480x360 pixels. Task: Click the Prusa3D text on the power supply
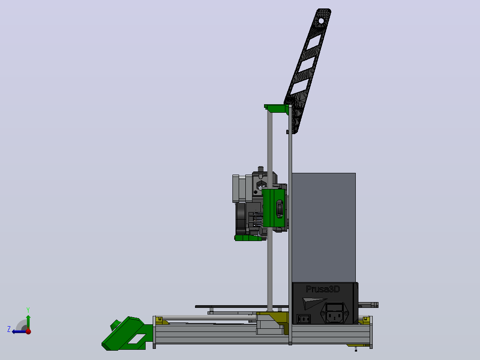(x=323, y=289)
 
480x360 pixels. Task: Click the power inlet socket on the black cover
(x=334, y=313)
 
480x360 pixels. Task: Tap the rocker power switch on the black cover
(x=304, y=319)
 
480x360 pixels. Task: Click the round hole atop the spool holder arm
(x=321, y=21)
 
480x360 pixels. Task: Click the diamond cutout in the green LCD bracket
(x=137, y=339)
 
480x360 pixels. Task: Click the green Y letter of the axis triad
(x=28, y=310)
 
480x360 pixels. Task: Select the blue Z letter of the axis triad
(x=9, y=329)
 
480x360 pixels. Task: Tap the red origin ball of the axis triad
(x=28, y=331)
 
